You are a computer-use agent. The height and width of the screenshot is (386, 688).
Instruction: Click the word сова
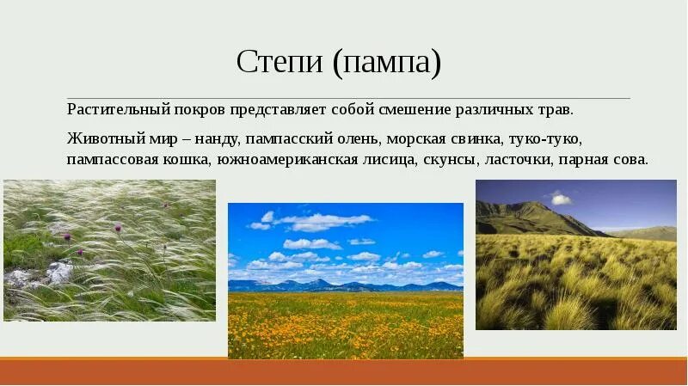point(630,161)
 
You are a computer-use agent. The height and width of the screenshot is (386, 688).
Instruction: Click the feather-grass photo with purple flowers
point(109,250)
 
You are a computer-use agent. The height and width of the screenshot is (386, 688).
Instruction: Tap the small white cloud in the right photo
point(560,199)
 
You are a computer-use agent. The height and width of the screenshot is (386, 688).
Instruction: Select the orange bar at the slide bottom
point(344,371)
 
